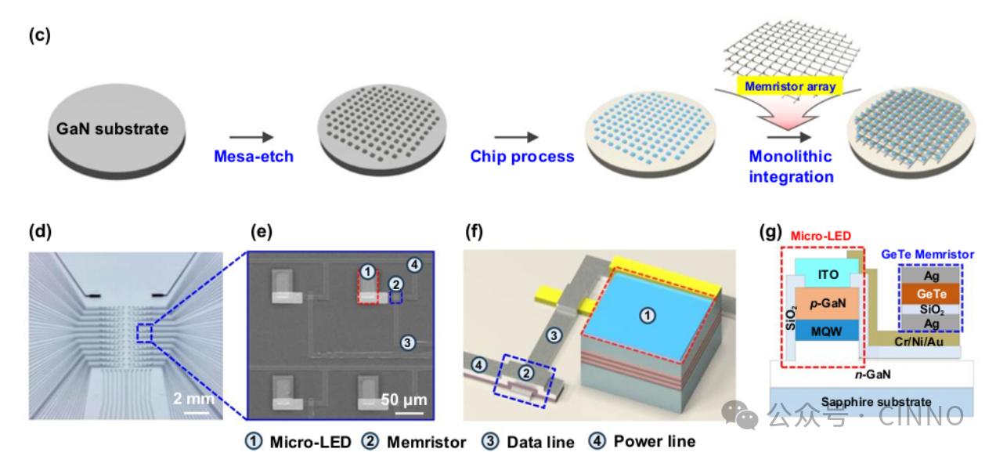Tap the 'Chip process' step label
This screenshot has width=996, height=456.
click(x=521, y=156)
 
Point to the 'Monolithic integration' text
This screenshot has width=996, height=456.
click(x=791, y=166)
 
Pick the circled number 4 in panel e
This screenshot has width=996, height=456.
click(x=415, y=265)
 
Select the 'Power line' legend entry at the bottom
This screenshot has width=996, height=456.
click(x=644, y=442)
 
